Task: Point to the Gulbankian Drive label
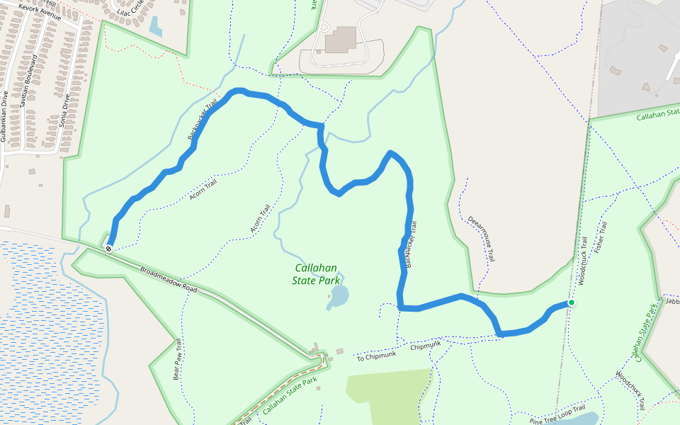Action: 5,116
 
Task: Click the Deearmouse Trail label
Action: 482,239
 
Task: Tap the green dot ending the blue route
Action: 571,302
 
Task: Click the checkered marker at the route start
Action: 108,248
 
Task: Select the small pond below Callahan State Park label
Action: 338,297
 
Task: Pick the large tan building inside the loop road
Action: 342,40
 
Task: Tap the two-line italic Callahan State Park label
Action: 314,274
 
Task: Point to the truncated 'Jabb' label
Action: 672,301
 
